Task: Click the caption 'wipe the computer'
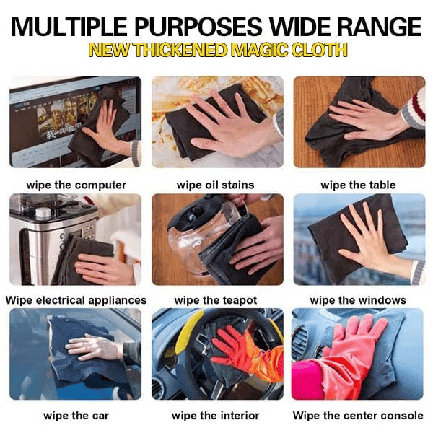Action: point(76,185)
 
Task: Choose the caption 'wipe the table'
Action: point(358,185)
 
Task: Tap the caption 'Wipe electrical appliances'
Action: point(76,300)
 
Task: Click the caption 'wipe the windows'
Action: point(358,300)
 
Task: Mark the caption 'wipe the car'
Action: point(76,416)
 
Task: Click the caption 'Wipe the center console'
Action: point(358,416)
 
